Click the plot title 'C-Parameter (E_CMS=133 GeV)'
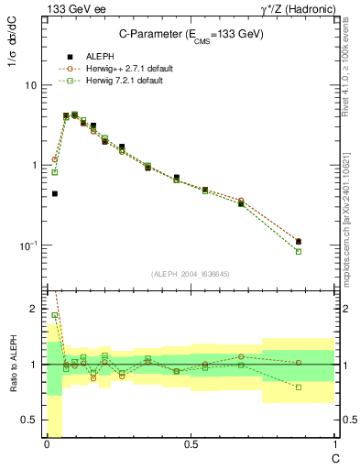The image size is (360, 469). [191, 33]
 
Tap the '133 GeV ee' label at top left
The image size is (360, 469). [72, 9]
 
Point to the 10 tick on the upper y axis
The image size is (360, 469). [29, 85]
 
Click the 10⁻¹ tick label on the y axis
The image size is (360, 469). [27, 245]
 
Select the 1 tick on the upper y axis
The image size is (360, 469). [33, 165]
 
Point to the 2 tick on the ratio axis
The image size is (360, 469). [33, 310]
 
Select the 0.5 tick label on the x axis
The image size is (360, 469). [191, 444]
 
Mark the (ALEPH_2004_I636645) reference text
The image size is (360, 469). [191, 275]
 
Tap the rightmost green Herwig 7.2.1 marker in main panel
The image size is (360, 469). [299, 251]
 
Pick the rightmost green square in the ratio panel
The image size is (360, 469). [299, 387]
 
